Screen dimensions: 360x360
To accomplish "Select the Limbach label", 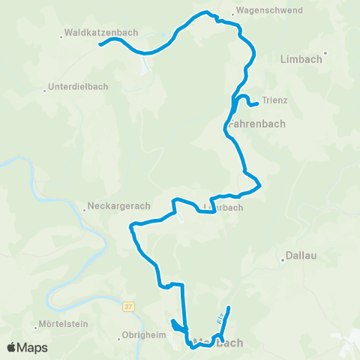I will pos(300,58).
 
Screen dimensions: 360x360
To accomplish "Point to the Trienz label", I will pos(275,100).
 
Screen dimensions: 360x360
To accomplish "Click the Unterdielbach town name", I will pos(78,86).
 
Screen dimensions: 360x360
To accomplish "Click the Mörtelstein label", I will pos(62,326).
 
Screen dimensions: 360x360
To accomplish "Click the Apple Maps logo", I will pos(26,347).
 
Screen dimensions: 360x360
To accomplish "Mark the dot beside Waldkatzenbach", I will pos(61,34).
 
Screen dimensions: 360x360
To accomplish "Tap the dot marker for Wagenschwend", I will pos(234,12).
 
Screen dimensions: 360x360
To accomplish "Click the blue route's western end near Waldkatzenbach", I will pos(99,45).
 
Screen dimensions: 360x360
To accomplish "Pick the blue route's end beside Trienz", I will pos(257,103).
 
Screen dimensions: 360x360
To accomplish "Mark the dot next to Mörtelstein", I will pos(36,327).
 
